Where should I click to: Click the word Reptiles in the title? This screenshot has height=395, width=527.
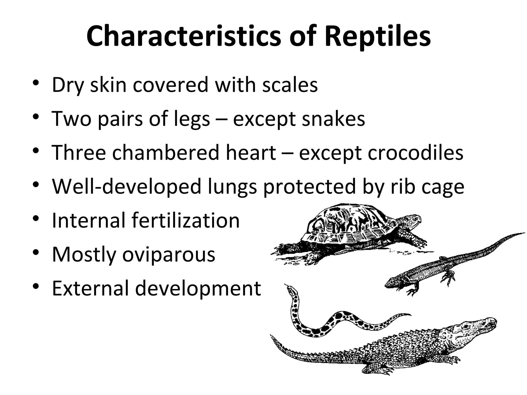(x=377, y=37)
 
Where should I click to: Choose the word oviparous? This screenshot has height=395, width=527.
(x=169, y=255)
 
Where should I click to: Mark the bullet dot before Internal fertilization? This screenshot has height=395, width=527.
(x=36, y=219)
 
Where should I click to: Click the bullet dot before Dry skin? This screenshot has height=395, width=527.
(x=36, y=83)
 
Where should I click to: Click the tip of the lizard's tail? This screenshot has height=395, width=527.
(x=524, y=233)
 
